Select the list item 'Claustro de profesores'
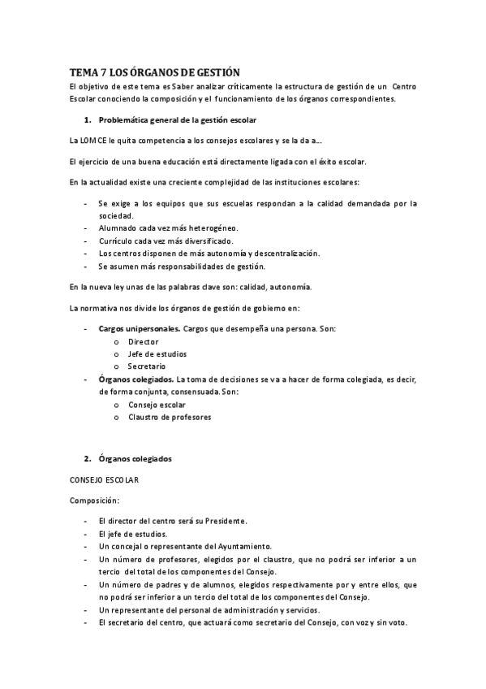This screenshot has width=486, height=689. (170, 416)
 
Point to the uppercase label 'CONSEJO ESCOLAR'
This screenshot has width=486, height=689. (105, 480)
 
